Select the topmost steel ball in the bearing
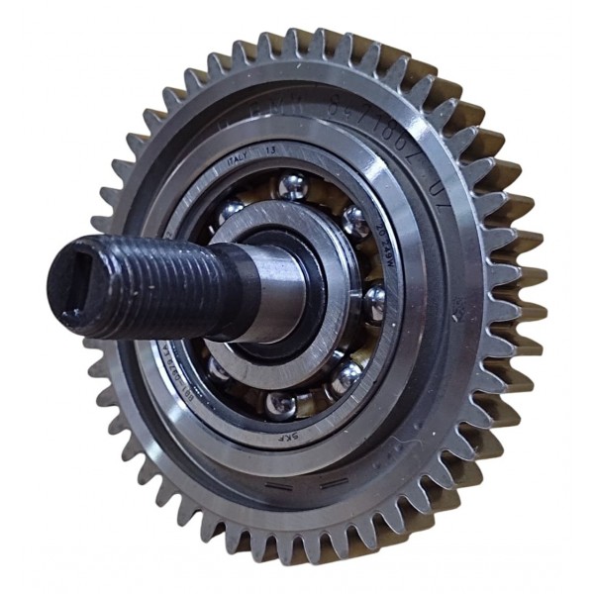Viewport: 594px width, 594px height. click(x=291, y=185)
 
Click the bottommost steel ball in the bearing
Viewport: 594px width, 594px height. click(x=282, y=404)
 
